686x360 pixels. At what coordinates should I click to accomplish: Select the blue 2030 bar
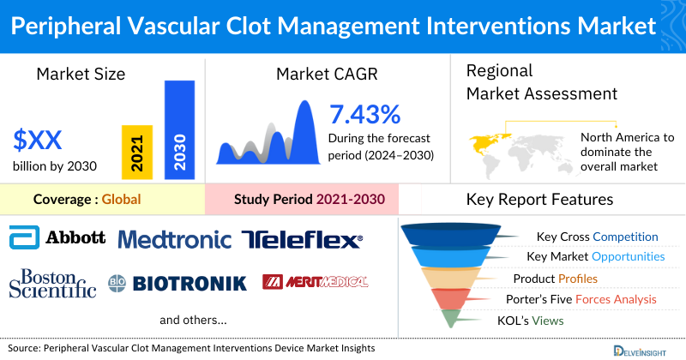click(179, 130)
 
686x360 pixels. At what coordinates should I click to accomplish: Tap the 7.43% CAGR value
click(364, 114)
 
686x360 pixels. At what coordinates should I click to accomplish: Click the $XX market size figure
click(38, 139)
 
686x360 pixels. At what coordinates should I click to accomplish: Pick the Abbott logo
click(57, 237)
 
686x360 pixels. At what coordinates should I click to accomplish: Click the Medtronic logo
click(175, 239)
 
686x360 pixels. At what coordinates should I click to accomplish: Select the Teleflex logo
click(301, 239)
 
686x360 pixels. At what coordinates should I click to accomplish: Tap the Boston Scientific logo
click(52, 283)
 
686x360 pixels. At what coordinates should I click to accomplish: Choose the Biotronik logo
click(177, 283)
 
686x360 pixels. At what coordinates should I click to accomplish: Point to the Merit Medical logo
click(315, 282)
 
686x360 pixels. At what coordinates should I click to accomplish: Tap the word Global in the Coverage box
click(121, 200)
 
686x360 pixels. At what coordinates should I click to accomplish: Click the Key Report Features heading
click(539, 200)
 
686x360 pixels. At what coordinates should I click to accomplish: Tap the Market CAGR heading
click(326, 75)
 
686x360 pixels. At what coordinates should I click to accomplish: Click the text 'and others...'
click(193, 320)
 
